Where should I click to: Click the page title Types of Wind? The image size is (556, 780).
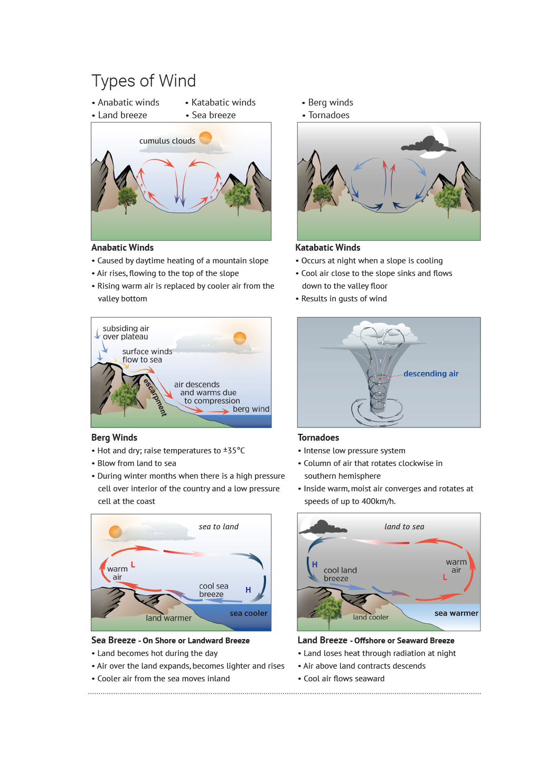click(x=144, y=81)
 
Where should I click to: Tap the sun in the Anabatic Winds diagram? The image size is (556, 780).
click(x=205, y=138)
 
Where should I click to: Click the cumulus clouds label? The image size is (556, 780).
click(x=167, y=141)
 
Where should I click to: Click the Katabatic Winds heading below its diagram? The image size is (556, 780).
click(x=327, y=248)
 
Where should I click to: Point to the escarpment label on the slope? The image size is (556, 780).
click(x=155, y=397)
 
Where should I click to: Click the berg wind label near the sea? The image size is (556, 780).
click(x=251, y=409)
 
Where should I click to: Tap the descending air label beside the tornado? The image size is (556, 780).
click(x=431, y=374)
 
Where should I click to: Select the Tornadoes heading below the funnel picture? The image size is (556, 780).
click(x=318, y=437)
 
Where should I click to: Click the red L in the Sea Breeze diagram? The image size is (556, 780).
click(x=133, y=565)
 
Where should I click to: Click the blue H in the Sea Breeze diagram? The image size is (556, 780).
click(x=248, y=590)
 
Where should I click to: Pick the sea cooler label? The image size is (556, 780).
click(x=248, y=613)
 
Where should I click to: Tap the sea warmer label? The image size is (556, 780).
click(x=456, y=613)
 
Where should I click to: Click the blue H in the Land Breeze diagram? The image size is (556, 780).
click(x=315, y=565)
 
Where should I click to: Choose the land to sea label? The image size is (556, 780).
click(x=404, y=527)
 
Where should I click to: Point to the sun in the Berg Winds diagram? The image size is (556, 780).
click(x=240, y=338)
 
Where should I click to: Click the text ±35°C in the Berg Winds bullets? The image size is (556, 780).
click(x=234, y=451)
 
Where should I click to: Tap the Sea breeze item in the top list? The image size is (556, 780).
click(x=213, y=115)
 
